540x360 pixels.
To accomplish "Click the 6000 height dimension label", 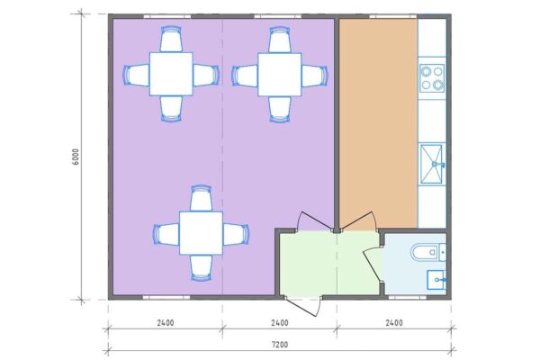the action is pos(76,157).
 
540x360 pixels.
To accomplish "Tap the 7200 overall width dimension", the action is pos(280,344).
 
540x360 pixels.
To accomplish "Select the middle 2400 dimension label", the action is pos(280,323).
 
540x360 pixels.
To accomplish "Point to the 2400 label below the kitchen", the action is pos(394,323).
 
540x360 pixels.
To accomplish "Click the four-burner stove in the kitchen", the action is pos(432,78).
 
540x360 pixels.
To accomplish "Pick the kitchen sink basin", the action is pos(430,164).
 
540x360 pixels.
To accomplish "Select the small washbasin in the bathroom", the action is pos(436,280).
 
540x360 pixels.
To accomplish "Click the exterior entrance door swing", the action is pos(304,306).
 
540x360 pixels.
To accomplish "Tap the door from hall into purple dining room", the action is pos(315,220).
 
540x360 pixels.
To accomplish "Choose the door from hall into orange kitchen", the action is pos(358,220).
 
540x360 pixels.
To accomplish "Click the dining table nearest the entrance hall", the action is pos(201,233).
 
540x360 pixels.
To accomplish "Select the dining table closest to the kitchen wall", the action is pos(280,75).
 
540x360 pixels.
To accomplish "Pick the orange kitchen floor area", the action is pos(379,121).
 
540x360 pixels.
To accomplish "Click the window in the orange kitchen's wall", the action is pos(392,16).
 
